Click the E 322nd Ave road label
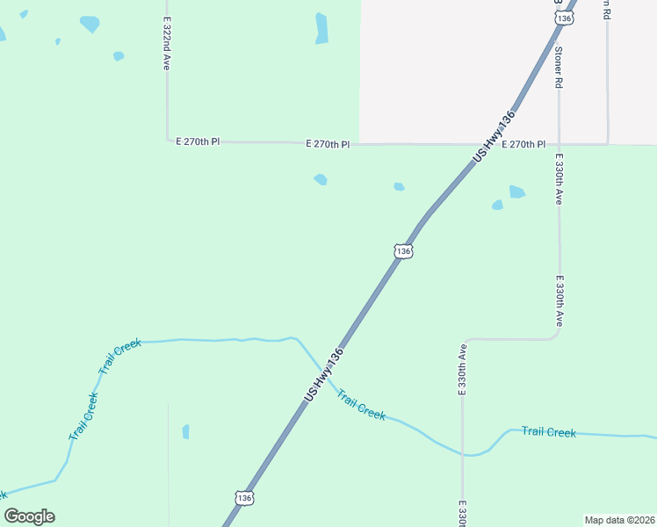[166, 42]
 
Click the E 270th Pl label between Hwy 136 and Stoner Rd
[524, 143]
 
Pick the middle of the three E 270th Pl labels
[328, 143]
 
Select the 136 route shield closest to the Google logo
[244, 498]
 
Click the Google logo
[29, 516]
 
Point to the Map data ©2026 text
[619, 519]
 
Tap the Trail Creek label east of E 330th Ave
[548, 432]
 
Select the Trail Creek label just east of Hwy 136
[361, 406]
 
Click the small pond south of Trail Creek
[185, 431]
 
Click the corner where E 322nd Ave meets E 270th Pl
[167, 140]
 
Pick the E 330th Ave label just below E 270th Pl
[558, 179]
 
